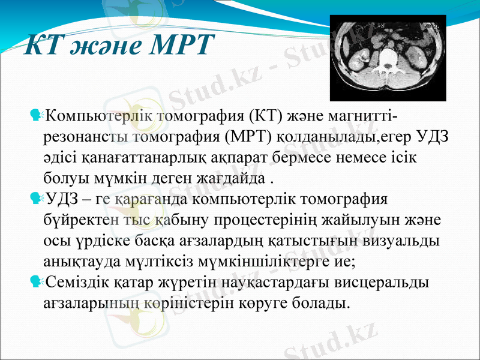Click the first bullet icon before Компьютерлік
(36, 113)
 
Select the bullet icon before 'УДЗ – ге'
(36, 199)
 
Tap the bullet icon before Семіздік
(36, 281)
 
